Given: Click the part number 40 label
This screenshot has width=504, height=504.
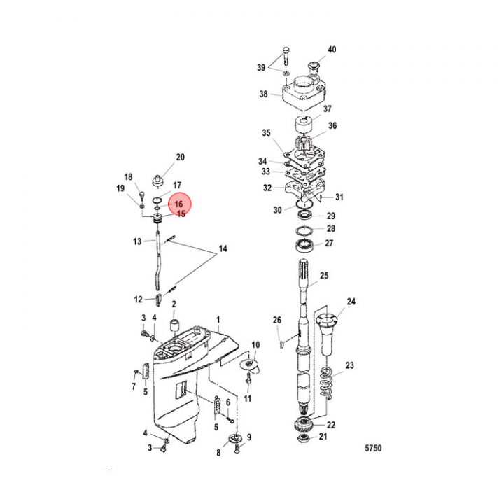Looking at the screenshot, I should coord(332,50).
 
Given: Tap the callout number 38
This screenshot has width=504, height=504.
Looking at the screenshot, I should coord(264,94).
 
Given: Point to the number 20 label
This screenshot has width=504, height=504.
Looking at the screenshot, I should coord(179,157).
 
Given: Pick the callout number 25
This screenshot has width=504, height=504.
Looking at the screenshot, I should coord(324,276).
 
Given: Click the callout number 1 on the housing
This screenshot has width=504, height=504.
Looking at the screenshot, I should coord(218,319).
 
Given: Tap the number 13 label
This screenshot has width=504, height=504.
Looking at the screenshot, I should coord(138,241).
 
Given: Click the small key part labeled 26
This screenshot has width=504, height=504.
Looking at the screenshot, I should coord(281,343).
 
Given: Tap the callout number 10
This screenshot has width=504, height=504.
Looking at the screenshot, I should coord(255,345).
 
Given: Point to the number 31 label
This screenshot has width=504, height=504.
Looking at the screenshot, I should coord(340,197).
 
